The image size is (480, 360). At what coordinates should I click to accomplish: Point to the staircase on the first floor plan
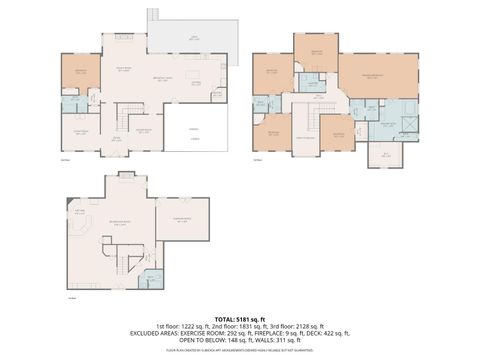[x=126, y=115]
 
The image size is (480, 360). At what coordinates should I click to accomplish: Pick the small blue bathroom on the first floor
[x=72, y=102]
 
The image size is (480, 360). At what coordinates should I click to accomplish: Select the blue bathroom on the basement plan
[x=149, y=279]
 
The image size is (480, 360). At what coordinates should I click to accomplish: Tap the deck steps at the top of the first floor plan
[x=154, y=18]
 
